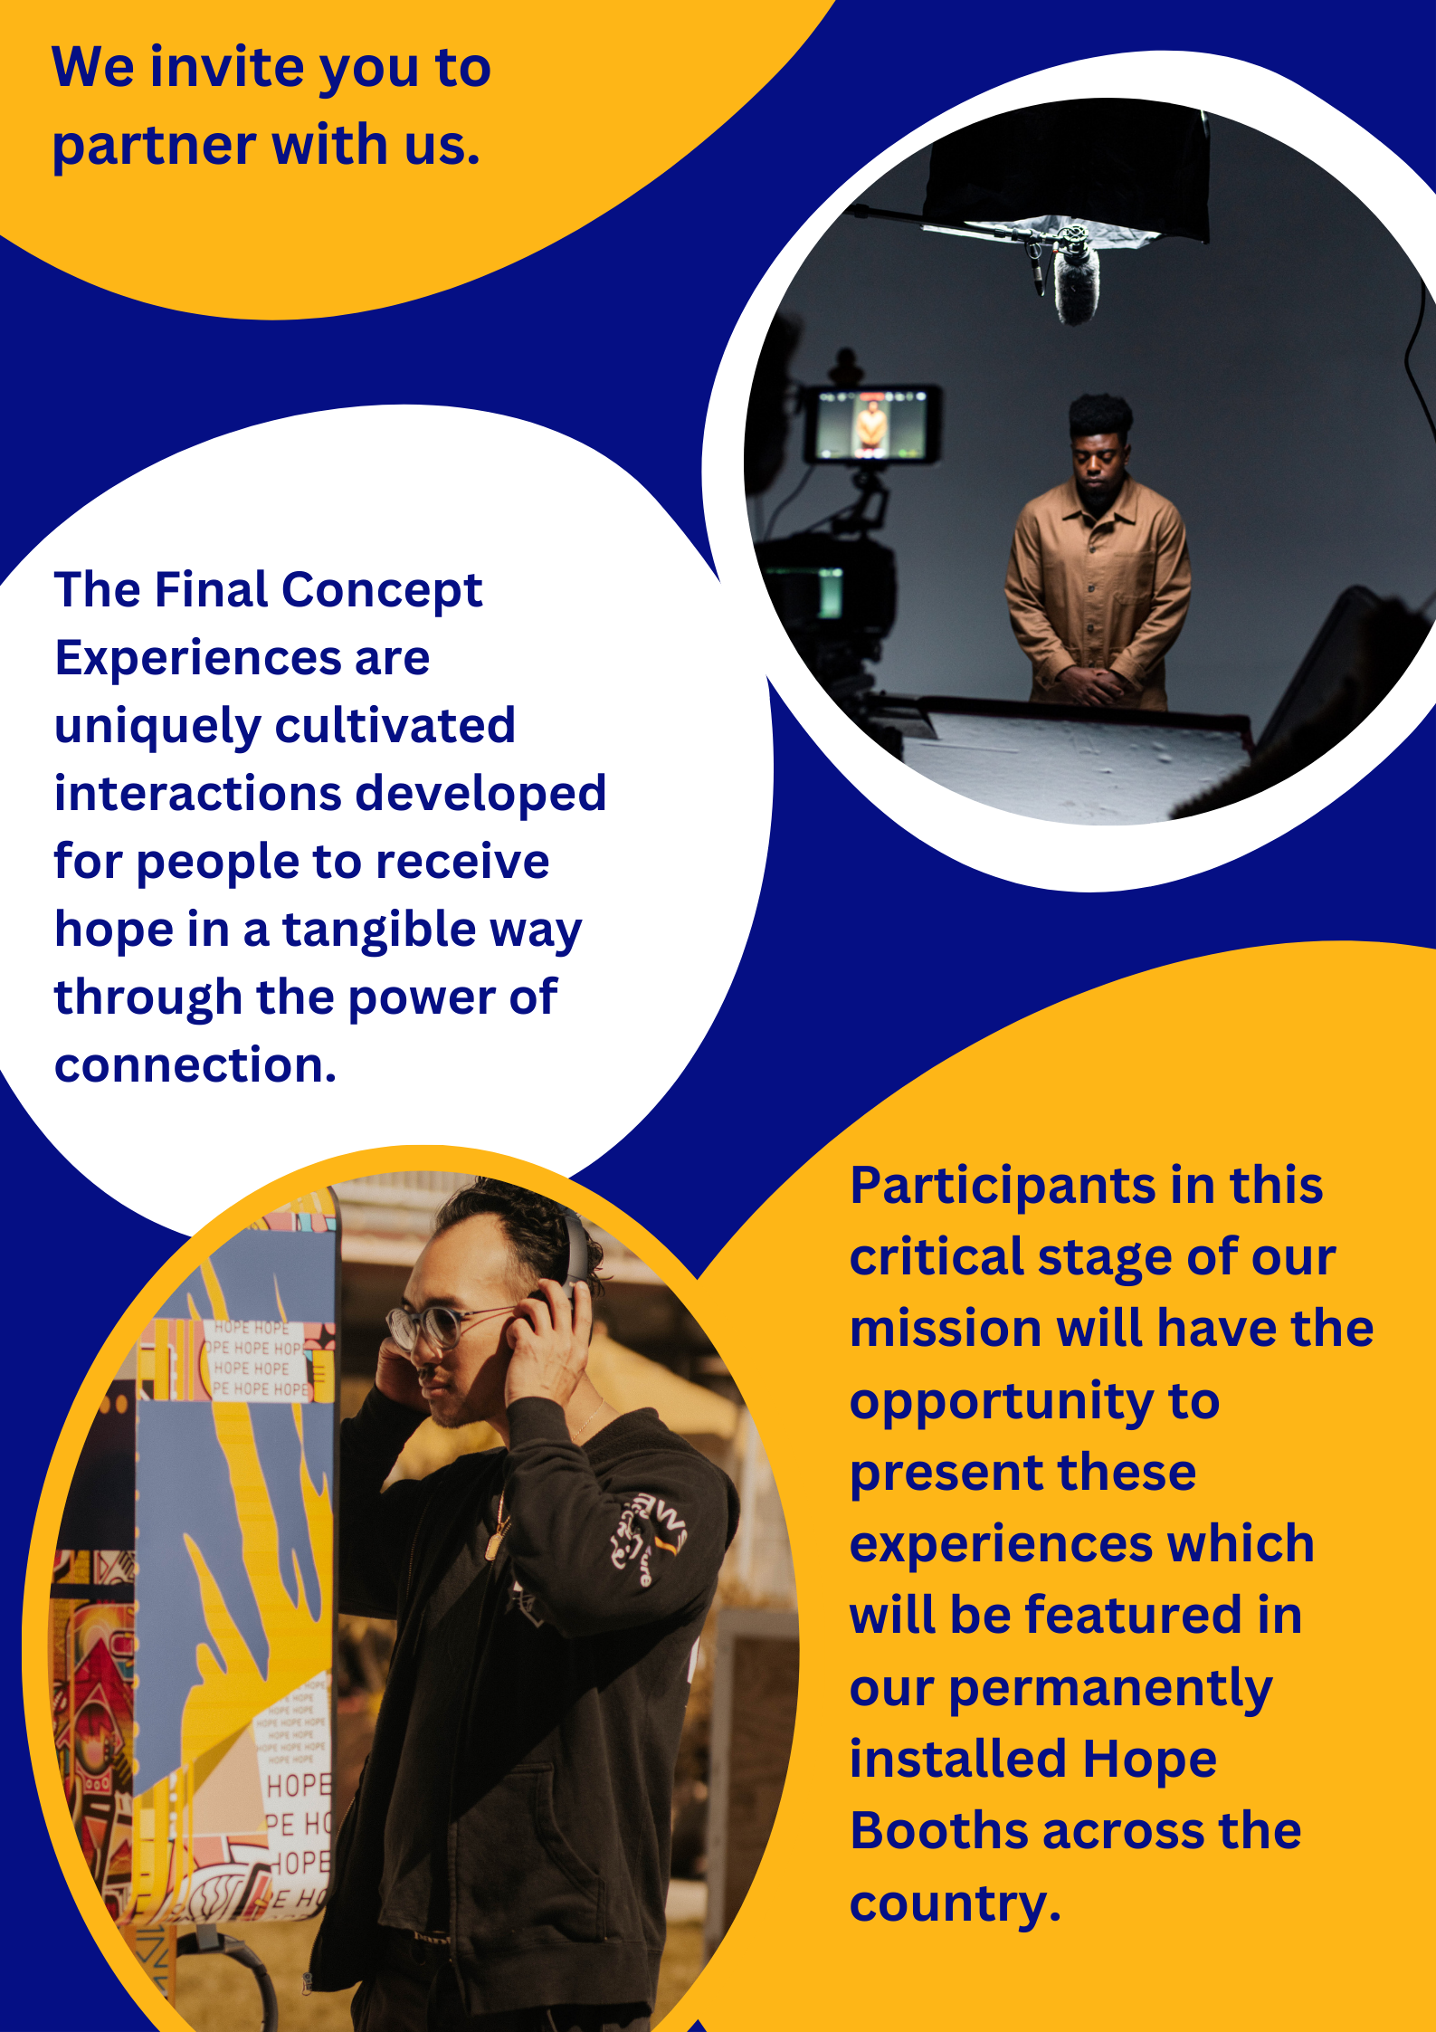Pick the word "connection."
coord(195,1065)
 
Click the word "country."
coord(956,1903)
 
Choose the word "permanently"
coord(1110,1690)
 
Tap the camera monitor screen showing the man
coord(871,424)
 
